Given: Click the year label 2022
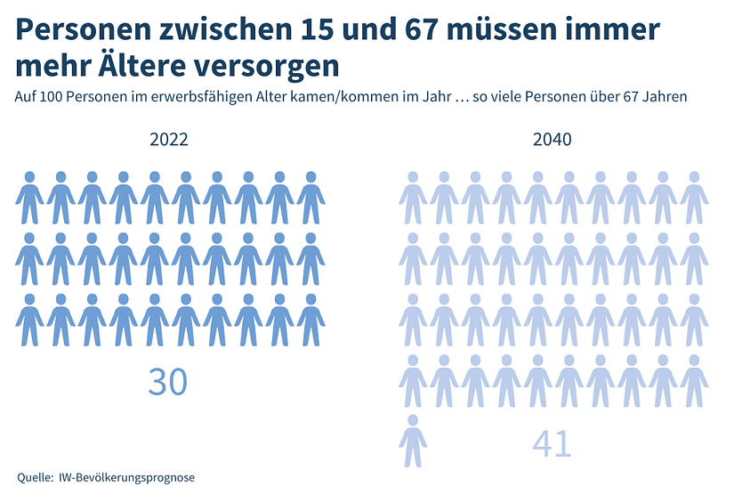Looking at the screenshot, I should click(x=169, y=140).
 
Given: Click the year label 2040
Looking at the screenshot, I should click(x=552, y=140).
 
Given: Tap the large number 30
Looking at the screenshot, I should click(x=168, y=381).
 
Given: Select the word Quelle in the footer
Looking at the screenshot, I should click(x=34, y=477).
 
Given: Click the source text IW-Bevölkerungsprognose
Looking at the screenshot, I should click(x=126, y=477).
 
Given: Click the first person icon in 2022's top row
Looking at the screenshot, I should click(x=29, y=198).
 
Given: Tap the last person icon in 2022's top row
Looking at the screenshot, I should click(x=311, y=198).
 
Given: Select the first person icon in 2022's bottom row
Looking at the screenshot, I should click(x=29, y=320).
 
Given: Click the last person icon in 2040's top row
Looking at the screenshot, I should click(x=694, y=198).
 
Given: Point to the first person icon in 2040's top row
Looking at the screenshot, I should click(x=413, y=198).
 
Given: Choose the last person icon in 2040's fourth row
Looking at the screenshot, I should click(x=694, y=381).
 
